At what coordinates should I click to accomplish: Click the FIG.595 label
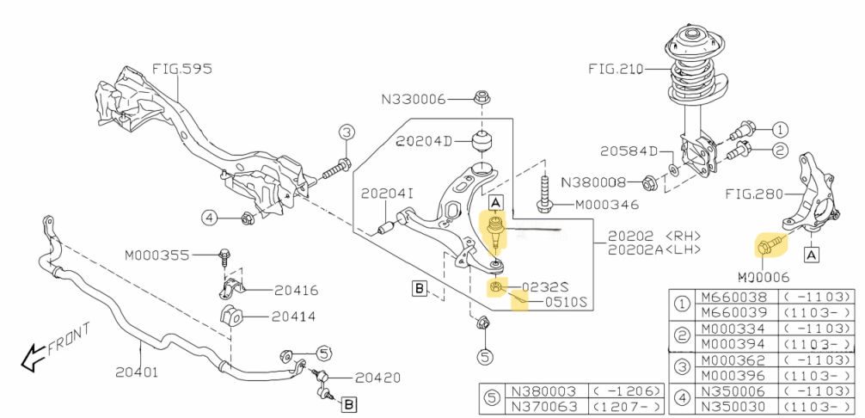182,68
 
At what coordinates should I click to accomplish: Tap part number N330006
414,100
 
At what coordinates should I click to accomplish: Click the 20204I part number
387,194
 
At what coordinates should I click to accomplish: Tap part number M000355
156,255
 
